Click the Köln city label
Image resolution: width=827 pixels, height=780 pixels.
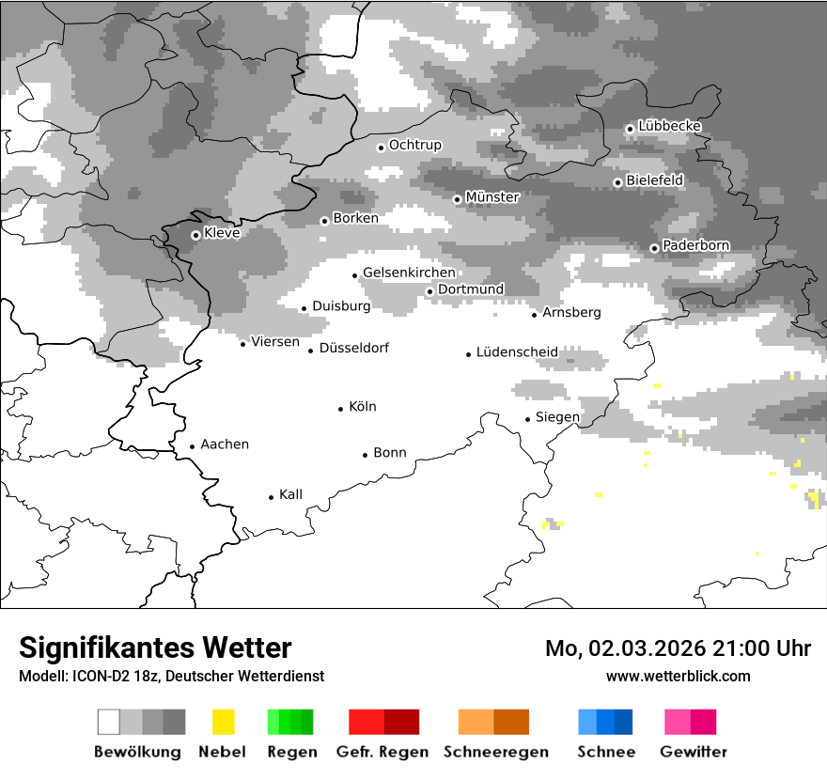tap(362, 407)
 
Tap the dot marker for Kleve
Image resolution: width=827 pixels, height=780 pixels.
tap(195, 235)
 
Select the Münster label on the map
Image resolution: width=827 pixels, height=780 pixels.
tap(492, 197)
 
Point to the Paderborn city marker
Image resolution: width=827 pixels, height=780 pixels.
tap(654, 248)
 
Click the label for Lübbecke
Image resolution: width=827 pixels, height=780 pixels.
tap(669, 126)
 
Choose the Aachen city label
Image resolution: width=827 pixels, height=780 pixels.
tap(225, 445)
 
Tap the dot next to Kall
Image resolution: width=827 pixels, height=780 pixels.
tap(272, 496)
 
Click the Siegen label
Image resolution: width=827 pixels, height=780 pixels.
tap(557, 417)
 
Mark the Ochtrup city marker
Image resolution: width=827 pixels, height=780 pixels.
tap(381, 147)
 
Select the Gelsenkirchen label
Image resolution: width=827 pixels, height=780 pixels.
tap(409, 273)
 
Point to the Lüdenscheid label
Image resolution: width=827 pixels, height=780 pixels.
tap(517, 352)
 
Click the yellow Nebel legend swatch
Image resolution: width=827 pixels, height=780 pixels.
tap(223, 722)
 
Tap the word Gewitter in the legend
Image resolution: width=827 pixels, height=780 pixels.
tap(693, 752)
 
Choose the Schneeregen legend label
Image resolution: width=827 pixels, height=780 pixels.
tap(495, 752)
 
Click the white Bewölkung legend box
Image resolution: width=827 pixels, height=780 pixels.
tap(109, 722)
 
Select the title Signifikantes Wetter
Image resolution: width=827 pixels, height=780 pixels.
tap(155, 648)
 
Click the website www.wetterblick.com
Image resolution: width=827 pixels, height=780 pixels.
tap(678, 676)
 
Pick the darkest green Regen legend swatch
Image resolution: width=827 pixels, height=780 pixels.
tap(307, 722)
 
